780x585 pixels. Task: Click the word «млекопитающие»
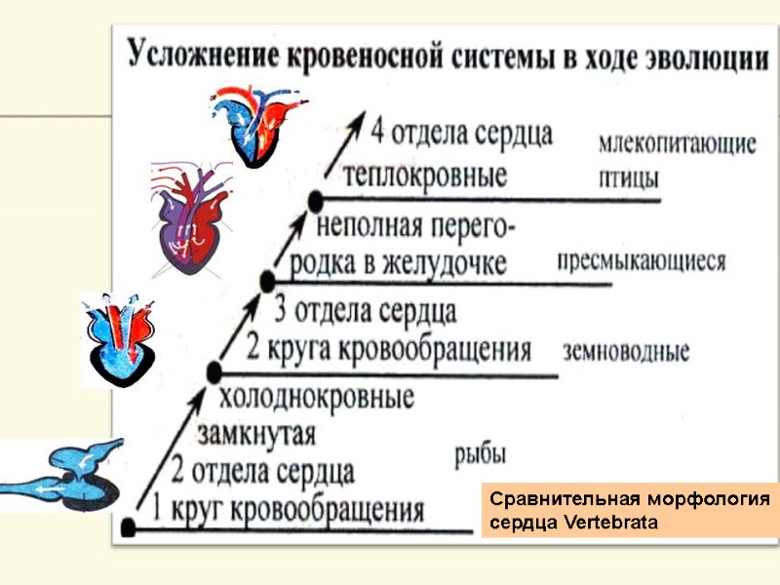point(676,144)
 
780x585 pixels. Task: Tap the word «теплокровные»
point(426,176)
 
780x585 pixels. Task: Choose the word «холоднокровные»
point(318,397)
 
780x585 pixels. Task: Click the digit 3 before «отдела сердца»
point(284,312)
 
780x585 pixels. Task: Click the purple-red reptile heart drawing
point(192,223)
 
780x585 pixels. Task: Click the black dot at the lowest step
point(129,527)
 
